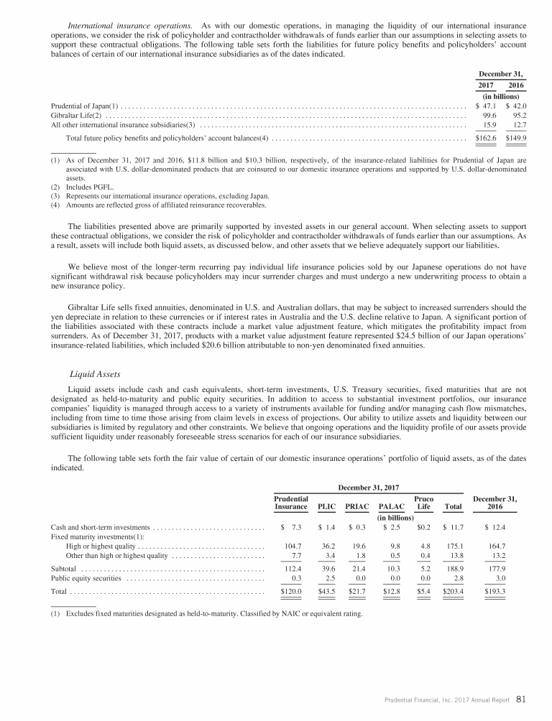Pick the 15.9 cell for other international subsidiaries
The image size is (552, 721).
pos(492,126)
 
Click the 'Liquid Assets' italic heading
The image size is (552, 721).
pos(95,373)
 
